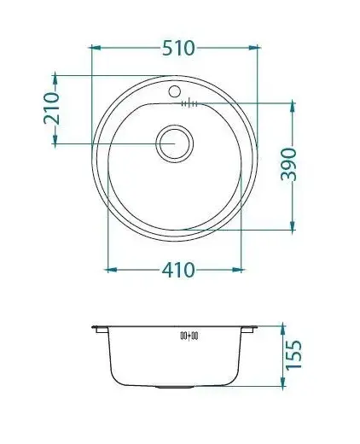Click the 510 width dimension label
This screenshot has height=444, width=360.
(x=178, y=48)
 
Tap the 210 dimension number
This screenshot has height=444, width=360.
(x=52, y=108)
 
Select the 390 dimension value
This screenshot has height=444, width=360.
(x=288, y=164)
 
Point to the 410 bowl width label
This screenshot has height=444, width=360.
(x=178, y=270)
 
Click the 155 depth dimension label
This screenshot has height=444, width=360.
(x=293, y=354)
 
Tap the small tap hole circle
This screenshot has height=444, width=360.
(x=174, y=91)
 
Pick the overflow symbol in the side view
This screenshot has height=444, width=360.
(x=189, y=336)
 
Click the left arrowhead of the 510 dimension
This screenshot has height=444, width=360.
(x=95, y=48)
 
